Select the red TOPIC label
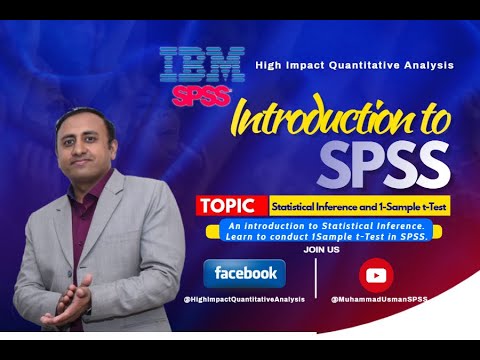tap(232, 206)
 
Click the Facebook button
tap(244, 272)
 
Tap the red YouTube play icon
tap(377, 274)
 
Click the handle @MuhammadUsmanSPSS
tap(379, 299)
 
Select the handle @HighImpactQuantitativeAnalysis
tap(244, 299)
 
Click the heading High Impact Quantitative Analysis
tap(354, 65)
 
